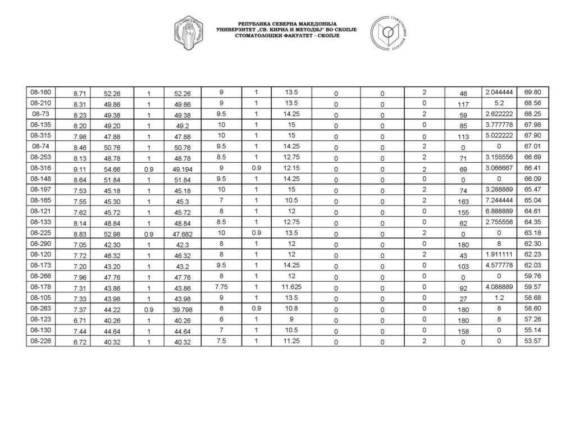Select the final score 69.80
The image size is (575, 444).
tap(532, 92)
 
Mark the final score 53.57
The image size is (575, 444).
tap(532, 340)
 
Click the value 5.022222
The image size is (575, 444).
tap(498, 135)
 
